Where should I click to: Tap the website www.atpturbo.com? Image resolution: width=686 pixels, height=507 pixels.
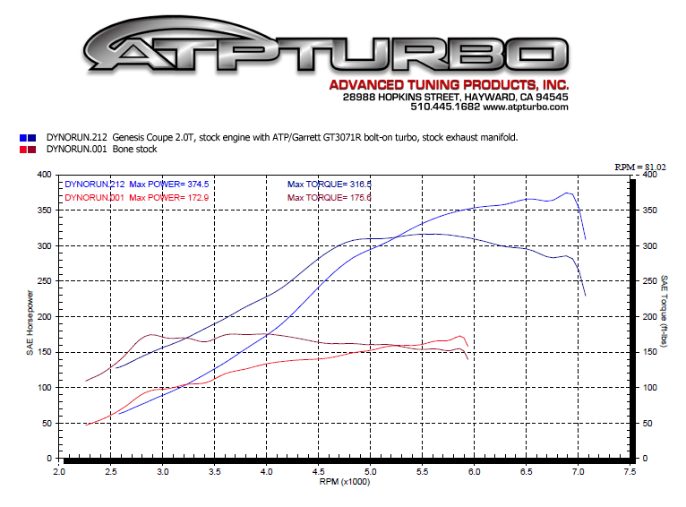pos(526,107)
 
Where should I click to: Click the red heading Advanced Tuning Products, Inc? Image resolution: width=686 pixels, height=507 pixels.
pos(449,85)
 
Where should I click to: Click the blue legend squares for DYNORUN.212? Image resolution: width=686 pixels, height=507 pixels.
pos(28,137)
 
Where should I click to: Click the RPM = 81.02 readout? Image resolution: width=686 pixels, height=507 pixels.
pos(640,167)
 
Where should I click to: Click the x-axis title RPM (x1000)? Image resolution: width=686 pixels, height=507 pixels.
pos(344,481)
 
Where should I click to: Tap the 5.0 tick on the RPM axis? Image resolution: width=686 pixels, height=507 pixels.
pos(370,469)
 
